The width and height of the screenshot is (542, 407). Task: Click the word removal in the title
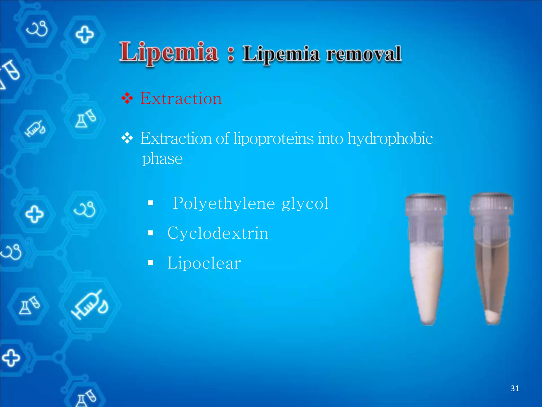[x=364, y=54]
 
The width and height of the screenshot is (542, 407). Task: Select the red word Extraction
[x=181, y=99]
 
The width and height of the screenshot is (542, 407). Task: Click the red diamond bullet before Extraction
[x=127, y=98]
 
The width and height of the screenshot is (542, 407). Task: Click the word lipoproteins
[x=274, y=139]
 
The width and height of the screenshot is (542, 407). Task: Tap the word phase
[x=162, y=159]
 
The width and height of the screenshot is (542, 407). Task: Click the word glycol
[x=305, y=204]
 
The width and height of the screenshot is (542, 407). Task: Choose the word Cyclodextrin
[x=218, y=233]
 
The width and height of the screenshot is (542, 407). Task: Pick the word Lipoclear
[x=204, y=263]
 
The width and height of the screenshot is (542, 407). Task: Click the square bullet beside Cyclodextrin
[x=151, y=233]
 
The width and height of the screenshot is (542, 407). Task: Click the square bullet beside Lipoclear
[x=151, y=263]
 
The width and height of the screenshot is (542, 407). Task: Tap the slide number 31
[x=515, y=388]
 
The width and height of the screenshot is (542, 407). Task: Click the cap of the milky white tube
[x=426, y=205]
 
